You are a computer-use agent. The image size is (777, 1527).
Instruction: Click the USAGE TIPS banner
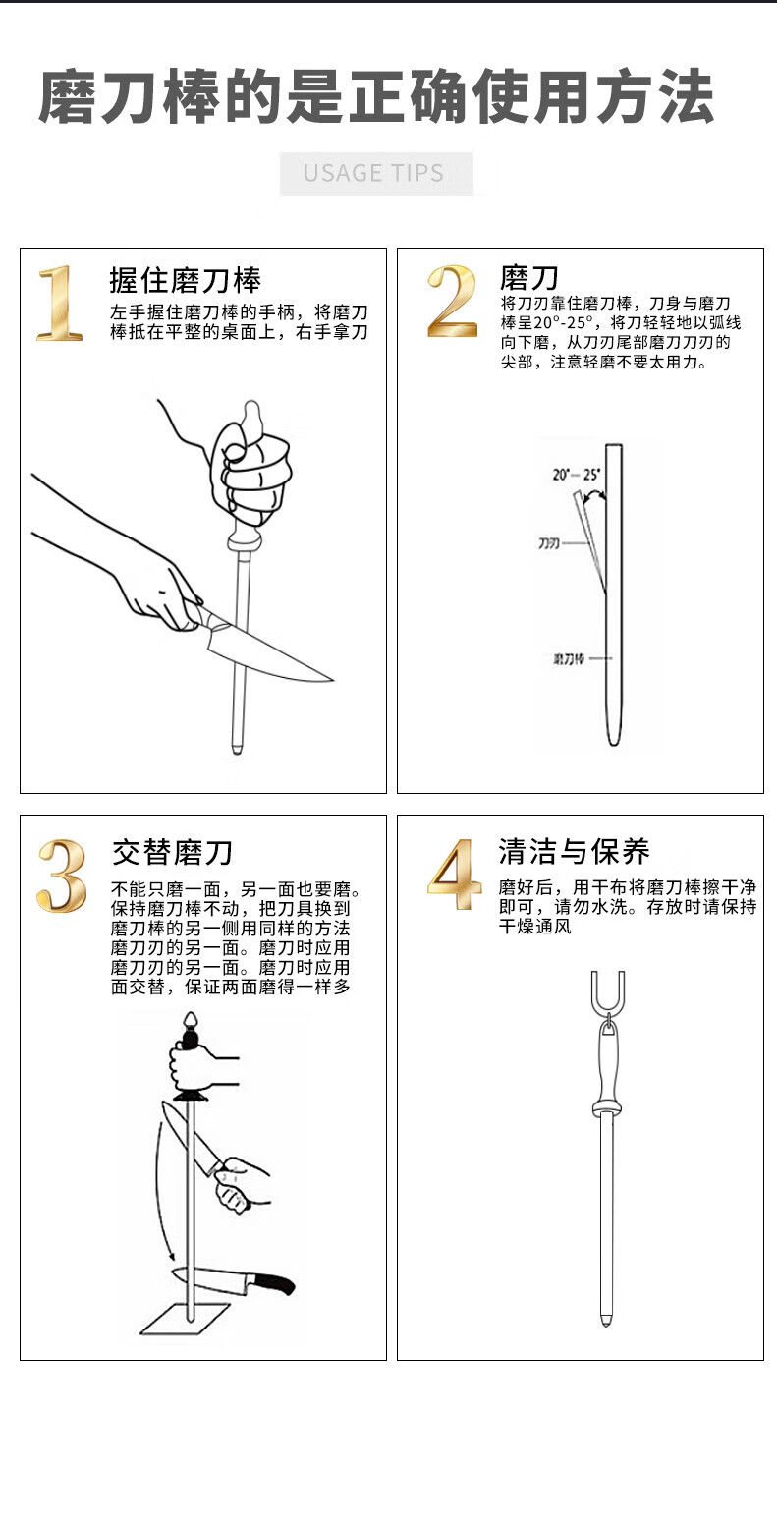pos(376,173)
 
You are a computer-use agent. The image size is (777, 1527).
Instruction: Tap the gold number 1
pos(59,303)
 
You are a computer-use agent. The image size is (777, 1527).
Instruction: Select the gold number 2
pos(452,301)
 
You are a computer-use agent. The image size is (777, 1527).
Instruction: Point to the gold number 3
pos(62,876)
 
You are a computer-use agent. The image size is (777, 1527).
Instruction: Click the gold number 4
pos(454,874)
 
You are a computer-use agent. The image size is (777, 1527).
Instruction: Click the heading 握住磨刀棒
pos(186,280)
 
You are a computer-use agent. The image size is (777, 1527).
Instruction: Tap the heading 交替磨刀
pos(173,853)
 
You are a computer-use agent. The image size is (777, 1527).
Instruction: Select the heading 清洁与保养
pos(574,851)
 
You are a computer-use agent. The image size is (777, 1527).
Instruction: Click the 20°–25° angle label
pos(576,475)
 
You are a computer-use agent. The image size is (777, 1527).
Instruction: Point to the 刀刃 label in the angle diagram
pos(549,543)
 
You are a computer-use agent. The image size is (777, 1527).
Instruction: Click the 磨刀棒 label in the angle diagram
pos(568,658)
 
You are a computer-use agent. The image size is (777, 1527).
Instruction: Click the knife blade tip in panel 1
pos(332,679)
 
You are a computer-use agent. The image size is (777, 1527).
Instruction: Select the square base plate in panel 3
pos(186,1319)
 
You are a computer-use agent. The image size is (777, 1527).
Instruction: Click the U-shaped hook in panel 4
pos(607,992)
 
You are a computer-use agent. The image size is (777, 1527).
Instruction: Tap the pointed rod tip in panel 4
pos(606,1324)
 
